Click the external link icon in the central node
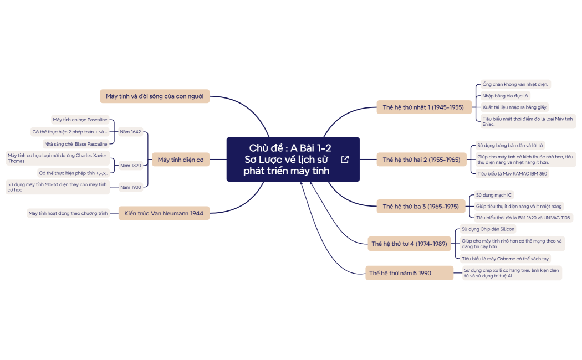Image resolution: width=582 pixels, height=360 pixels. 345,160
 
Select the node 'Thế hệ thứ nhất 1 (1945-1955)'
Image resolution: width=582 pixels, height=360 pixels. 423,107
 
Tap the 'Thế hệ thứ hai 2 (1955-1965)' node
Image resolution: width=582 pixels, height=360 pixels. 421,160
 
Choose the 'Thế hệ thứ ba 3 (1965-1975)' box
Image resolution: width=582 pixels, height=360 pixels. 421,207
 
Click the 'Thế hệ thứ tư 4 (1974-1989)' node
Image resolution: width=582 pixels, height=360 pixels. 409,243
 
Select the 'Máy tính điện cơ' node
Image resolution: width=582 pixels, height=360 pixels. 180,160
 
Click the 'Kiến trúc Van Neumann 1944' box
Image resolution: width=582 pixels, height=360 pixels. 164,213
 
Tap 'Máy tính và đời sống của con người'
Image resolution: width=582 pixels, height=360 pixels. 155,96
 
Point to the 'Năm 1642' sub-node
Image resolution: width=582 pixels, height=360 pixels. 130,132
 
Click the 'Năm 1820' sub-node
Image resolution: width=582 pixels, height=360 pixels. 130,165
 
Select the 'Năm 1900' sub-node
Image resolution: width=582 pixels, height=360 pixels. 130,187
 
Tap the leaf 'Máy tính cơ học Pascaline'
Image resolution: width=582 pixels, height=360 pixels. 80,120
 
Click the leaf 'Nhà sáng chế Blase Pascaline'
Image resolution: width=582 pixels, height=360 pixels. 75,144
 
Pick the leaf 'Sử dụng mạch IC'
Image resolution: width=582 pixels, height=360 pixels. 494,196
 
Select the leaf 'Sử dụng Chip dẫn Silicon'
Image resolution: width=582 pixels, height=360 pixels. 488,229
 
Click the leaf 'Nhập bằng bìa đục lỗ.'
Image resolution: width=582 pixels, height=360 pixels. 506,96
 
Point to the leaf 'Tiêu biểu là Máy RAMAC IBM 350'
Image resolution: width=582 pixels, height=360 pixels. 512,173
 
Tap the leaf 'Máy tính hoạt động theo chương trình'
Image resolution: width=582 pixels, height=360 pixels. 68,213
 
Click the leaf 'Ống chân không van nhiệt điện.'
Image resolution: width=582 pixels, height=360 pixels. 515,84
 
